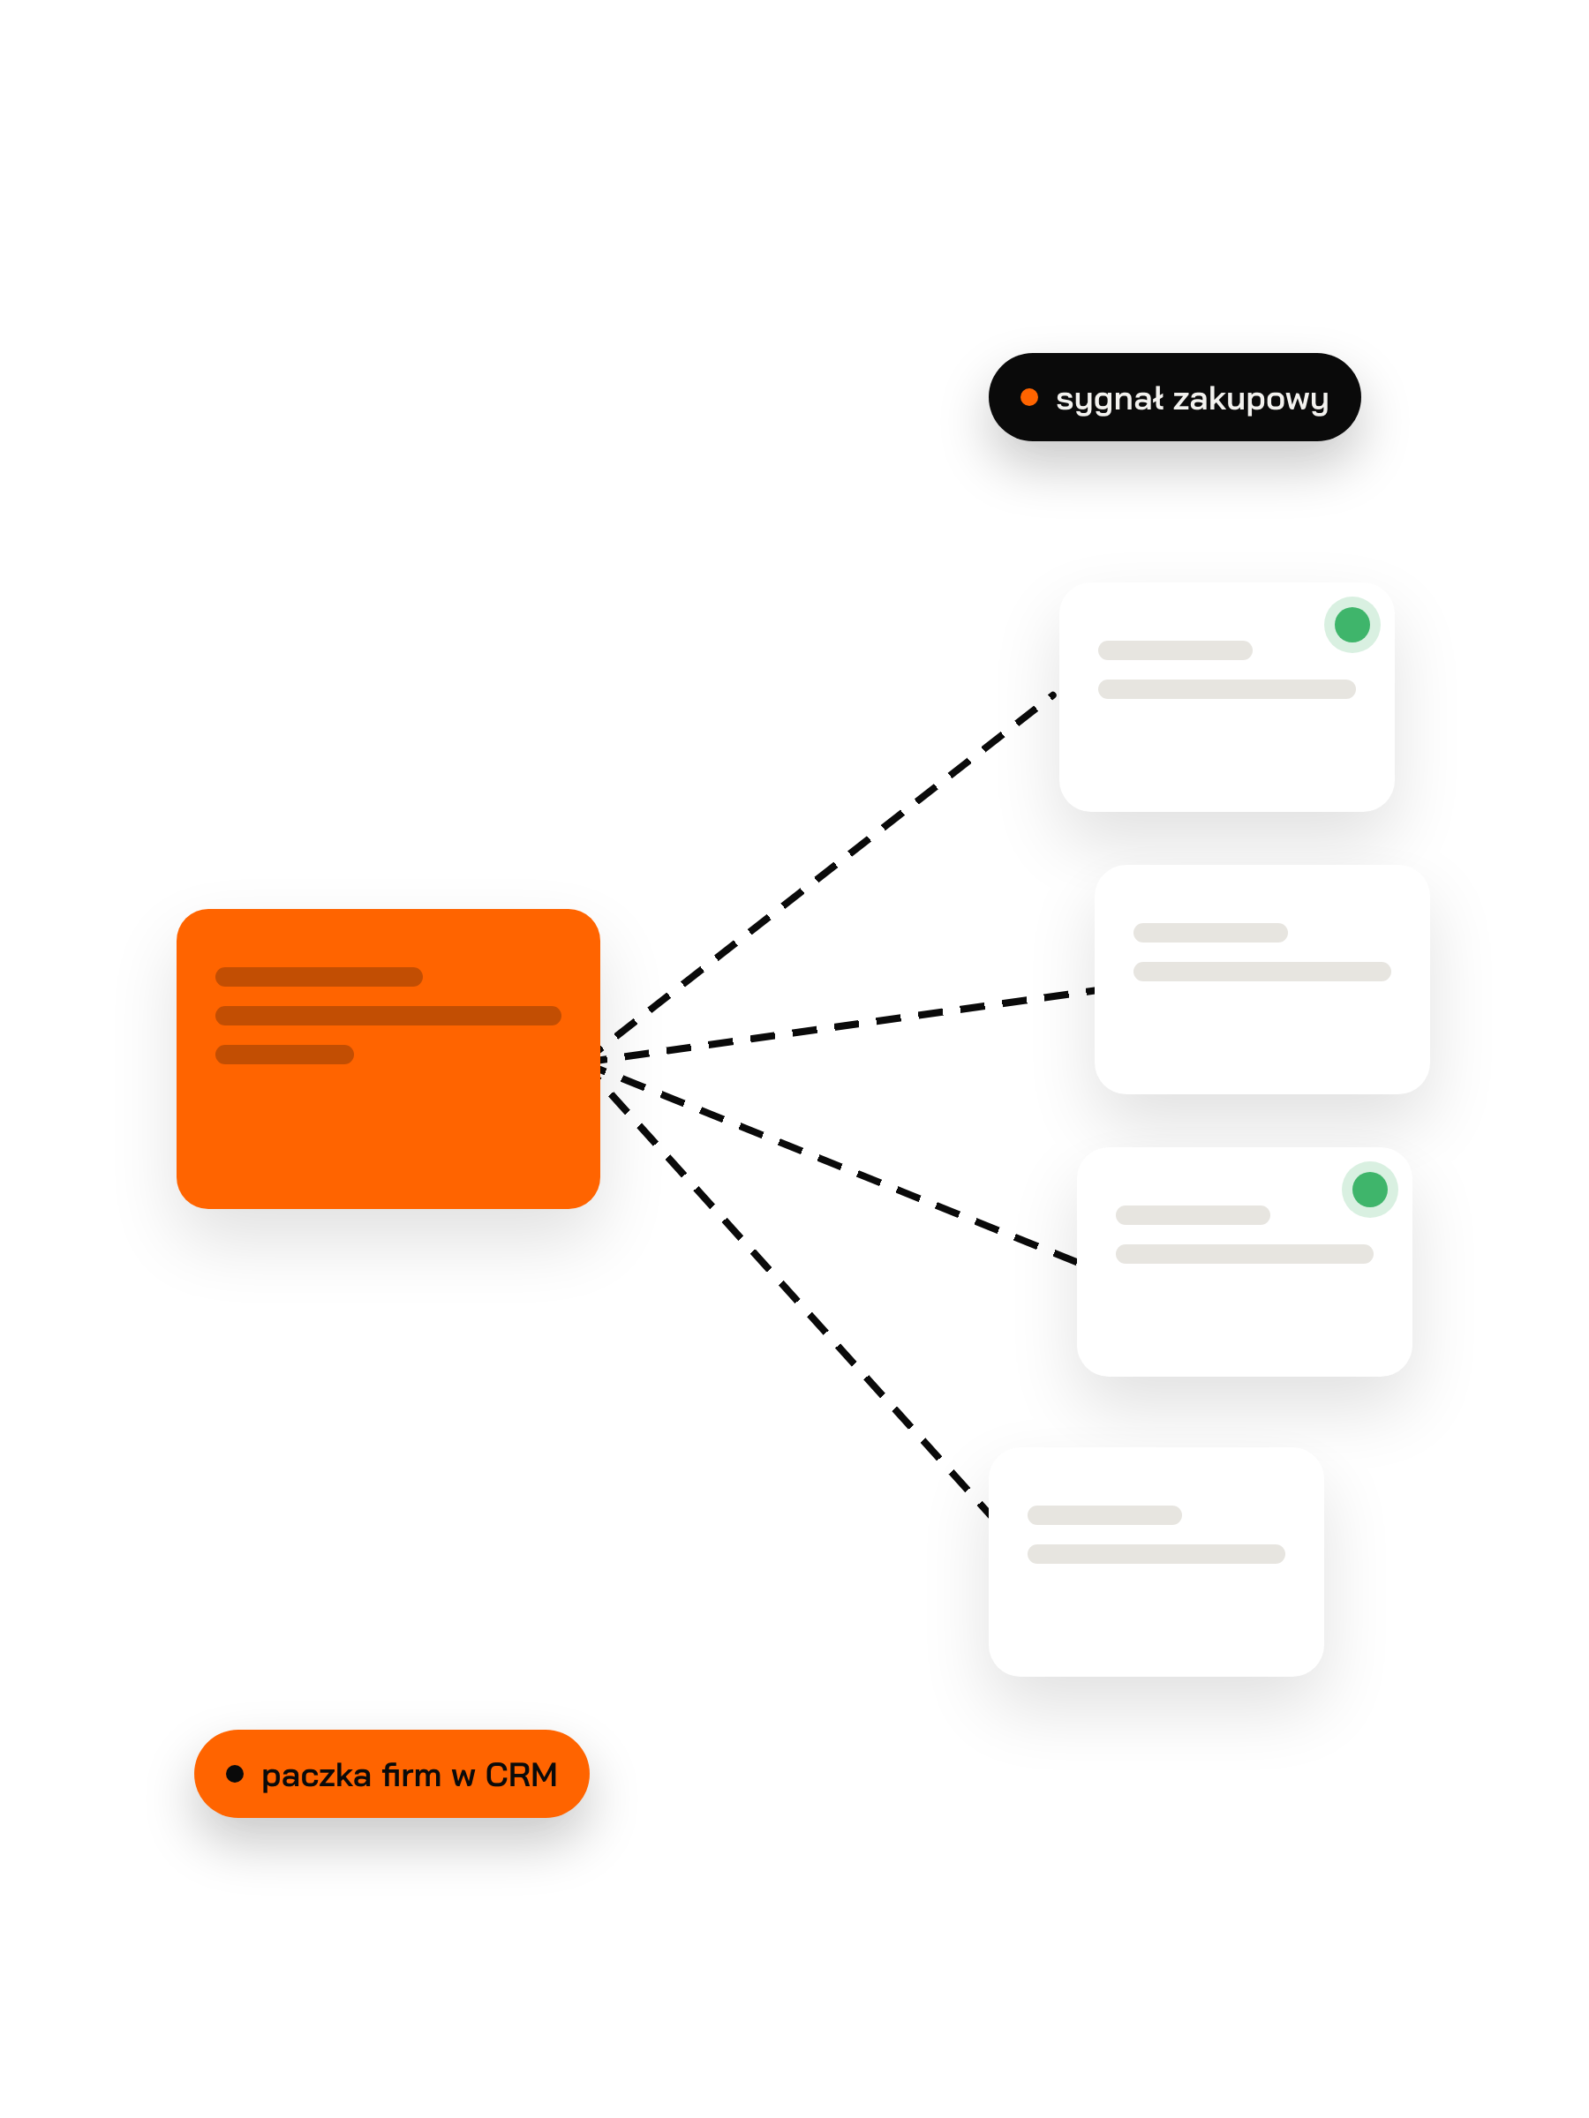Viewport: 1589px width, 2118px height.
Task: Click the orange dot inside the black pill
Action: tap(1028, 397)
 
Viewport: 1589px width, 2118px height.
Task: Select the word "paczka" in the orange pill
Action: tap(316, 1776)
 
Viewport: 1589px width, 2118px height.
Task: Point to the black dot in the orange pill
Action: tap(235, 1773)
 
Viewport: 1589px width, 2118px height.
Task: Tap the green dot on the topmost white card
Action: tap(1352, 624)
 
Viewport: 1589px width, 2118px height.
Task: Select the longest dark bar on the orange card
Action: tap(388, 1015)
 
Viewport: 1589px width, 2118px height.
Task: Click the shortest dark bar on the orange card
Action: tap(284, 1055)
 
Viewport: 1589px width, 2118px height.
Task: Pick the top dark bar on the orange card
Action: tap(319, 977)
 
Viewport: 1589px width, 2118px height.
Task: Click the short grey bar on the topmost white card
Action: tap(1175, 650)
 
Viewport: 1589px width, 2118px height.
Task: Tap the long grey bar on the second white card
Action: tap(1261, 972)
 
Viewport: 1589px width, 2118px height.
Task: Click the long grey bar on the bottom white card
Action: tap(1156, 1554)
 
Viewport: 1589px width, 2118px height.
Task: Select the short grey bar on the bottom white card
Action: tap(1104, 1514)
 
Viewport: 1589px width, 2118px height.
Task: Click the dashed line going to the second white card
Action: tap(847, 1025)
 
